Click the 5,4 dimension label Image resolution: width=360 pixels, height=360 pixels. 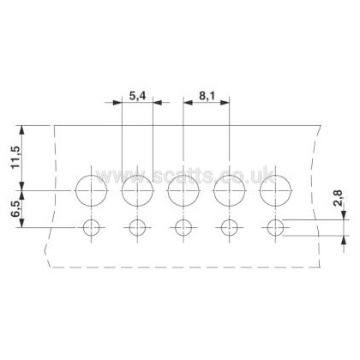[x=137, y=96]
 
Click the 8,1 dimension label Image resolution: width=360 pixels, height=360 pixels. [x=207, y=96]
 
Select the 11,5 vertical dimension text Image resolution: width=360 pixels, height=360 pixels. [x=15, y=158]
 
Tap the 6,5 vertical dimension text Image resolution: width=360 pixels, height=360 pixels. [x=15, y=209]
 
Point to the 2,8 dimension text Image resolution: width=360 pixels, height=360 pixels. [x=339, y=198]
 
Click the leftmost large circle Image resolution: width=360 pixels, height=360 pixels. [x=75, y=190]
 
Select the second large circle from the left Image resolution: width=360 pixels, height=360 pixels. [x=122, y=190]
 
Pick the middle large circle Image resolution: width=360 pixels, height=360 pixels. [x=168, y=190]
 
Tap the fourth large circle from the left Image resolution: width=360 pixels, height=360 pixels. [x=214, y=190]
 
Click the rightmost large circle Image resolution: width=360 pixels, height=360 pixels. [x=261, y=190]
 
